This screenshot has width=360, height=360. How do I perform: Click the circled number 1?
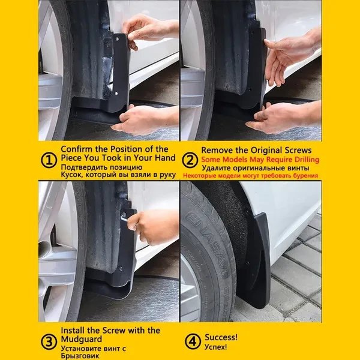click(49, 160)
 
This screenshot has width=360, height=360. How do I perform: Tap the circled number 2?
click(190, 160)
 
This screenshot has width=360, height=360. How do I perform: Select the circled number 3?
click(49, 341)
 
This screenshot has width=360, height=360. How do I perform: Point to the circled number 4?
click(193, 341)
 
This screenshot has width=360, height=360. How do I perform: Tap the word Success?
click(221, 337)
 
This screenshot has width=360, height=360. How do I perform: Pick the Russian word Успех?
click(215, 347)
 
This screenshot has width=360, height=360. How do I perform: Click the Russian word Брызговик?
click(80, 356)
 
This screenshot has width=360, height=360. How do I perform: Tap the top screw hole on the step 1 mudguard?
click(118, 39)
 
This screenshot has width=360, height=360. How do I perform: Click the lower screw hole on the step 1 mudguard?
click(116, 94)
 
